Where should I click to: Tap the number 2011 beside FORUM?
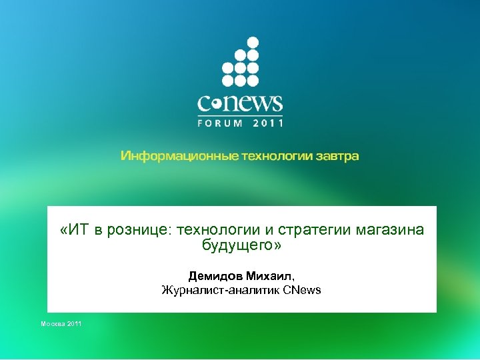pyautogui.click(x=268, y=123)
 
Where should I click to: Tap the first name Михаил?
pyautogui.click(x=268, y=276)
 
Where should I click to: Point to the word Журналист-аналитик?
pyautogui.click(x=221, y=290)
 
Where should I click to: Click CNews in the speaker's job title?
pyautogui.click(x=302, y=290)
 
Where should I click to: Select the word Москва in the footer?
pyautogui.click(x=53, y=323)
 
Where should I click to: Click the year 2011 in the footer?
pyautogui.click(x=74, y=323)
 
